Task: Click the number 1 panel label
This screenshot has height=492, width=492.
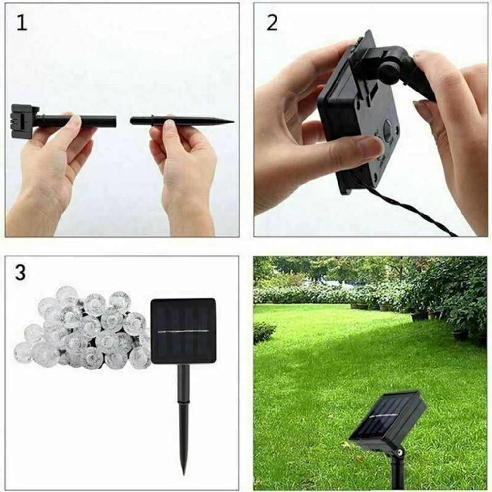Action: click(21, 23)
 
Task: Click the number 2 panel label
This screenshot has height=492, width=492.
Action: click(272, 23)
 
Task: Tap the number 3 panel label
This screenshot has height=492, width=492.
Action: click(20, 273)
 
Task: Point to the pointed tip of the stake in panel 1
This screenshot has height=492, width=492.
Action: click(233, 122)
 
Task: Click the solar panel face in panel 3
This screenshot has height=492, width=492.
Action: click(184, 331)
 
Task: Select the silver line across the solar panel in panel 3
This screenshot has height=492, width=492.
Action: click(184, 331)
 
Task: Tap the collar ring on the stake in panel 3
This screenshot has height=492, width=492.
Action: click(184, 401)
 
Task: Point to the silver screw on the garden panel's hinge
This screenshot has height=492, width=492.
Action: click(400, 452)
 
